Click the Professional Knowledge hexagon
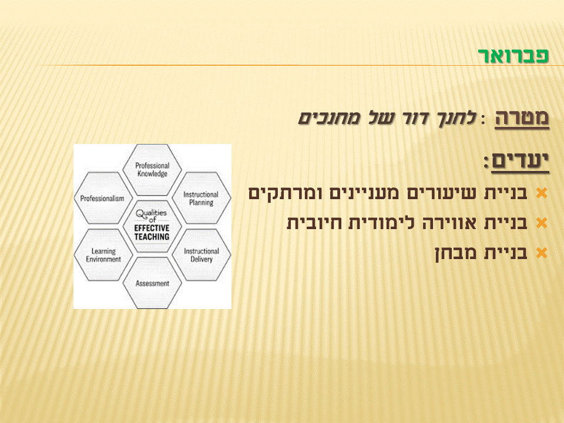(152, 170)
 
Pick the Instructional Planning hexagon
(201, 199)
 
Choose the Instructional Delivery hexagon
(201, 255)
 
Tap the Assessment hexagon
(152, 283)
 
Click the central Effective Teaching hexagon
(152, 227)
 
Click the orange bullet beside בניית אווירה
(542, 223)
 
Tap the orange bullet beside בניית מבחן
(542, 253)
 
